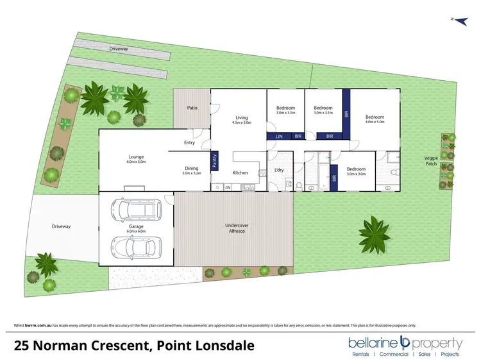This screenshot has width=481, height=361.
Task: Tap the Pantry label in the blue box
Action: tap(215, 159)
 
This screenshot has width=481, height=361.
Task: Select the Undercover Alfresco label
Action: tap(237, 228)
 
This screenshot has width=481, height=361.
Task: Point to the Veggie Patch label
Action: tap(432, 160)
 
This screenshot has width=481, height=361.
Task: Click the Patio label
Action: tap(192, 108)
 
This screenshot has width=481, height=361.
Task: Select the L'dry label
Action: tap(279, 169)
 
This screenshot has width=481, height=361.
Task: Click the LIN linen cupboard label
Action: tap(279, 137)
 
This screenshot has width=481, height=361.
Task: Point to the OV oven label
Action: tap(228, 187)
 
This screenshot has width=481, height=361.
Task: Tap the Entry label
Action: tap(189, 142)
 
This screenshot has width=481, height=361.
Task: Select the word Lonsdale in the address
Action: tap(223, 346)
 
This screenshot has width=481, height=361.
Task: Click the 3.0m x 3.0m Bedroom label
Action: tap(356, 171)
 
